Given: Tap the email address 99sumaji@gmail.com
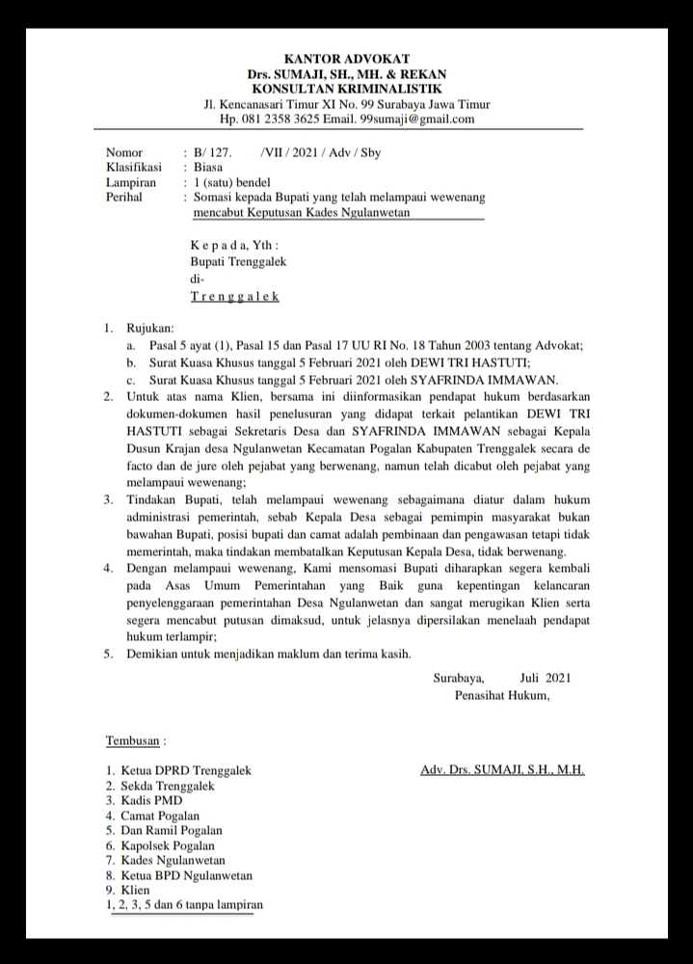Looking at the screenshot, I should click(x=417, y=120).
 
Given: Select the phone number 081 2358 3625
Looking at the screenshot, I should click(x=282, y=120).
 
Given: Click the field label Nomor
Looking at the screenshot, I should click(x=124, y=153).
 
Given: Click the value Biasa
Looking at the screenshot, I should click(x=208, y=167).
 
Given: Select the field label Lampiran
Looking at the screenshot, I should click(x=130, y=181).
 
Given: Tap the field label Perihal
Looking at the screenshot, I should click(x=124, y=196).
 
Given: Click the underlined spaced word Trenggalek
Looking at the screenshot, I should click(x=235, y=297).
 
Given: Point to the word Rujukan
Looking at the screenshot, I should click(x=150, y=329).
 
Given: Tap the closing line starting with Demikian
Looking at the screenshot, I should click(x=270, y=654).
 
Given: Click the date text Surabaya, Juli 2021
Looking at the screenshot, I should click(x=502, y=679).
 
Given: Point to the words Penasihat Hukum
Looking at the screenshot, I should click(x=502, y=695).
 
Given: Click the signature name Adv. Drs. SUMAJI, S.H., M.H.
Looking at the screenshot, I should click(x=502, y=770).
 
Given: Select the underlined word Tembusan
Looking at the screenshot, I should click(x=135, y=741).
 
